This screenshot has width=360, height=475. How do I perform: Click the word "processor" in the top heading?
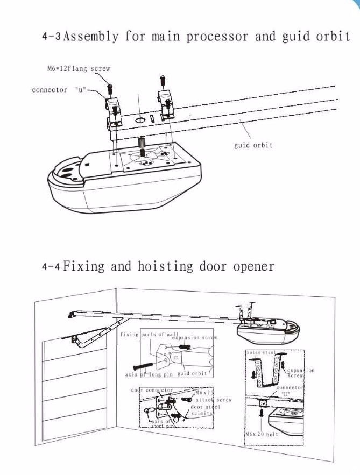tap(217, 37)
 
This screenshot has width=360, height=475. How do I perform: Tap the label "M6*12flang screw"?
tap(78, 69)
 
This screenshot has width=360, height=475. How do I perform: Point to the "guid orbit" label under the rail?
tap(253, 145)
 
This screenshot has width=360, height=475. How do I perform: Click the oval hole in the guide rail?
tap(140, 120)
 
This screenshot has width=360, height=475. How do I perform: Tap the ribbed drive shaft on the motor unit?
tap(143, 144)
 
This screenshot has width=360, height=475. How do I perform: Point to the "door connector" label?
tap(152, 390)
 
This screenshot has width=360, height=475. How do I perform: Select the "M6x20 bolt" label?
tap(262, 434)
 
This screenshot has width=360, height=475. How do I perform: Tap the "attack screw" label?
tap(214, 400)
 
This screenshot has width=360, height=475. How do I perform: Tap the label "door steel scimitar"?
tap(203, 410)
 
